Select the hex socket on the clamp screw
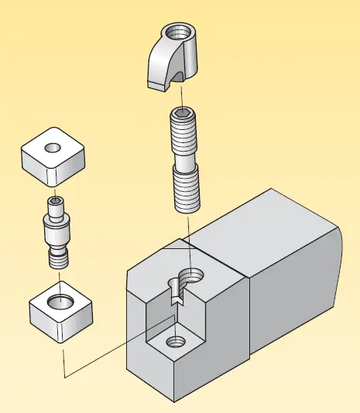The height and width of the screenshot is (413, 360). click(x=183, y=113)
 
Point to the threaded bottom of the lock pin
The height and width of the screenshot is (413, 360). click(x=57, y=258)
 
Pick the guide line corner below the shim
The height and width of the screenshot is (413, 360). click(x=63, y=377)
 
